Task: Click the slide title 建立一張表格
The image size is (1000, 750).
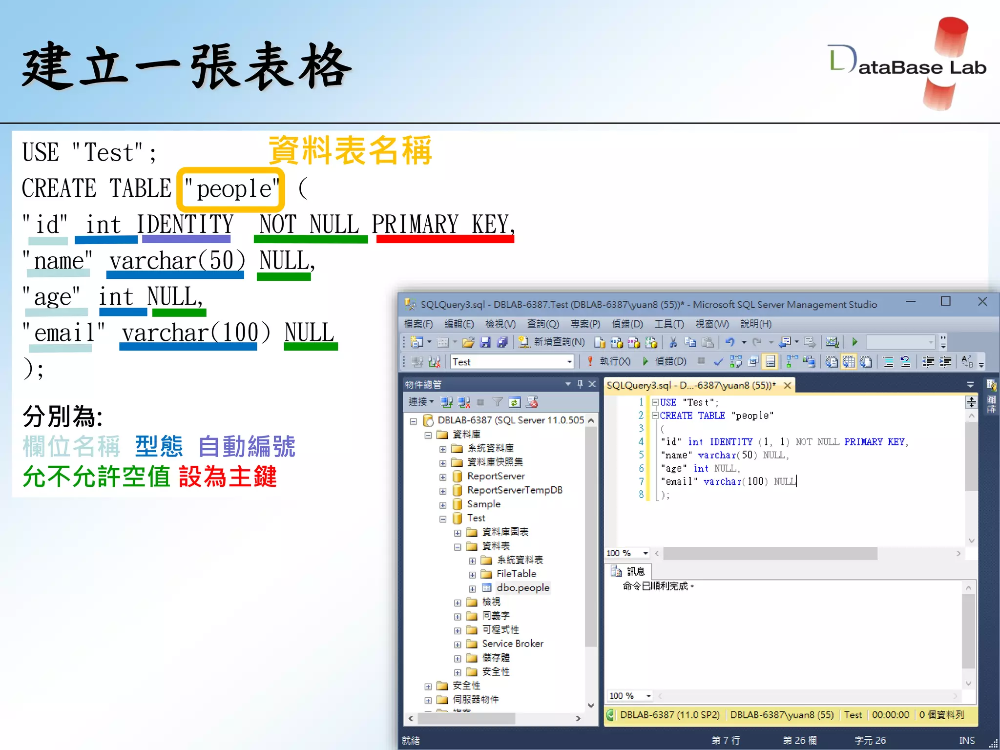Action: click(187, 66)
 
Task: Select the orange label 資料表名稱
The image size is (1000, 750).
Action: click(350, 150)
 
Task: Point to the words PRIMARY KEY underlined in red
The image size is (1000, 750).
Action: click(443, 225)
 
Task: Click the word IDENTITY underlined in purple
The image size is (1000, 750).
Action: click(186, 225)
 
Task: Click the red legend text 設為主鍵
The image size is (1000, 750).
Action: click(228, 477)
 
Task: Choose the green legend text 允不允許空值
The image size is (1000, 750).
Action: click(96, 477)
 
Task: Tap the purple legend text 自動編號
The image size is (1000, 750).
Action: click(247, 446)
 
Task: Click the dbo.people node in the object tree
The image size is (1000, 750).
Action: click(522, 588)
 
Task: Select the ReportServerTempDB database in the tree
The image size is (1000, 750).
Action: click(514, 490)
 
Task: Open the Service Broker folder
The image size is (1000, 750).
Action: click(512, 644)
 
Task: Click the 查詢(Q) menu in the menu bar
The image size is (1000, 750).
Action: click(542, 324)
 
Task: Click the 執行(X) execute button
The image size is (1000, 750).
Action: click(609, 361)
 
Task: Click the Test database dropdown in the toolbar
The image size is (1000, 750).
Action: click(512, 362)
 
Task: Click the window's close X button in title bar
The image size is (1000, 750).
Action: click(982, 302)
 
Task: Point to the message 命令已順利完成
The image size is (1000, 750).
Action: click(657, 586)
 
